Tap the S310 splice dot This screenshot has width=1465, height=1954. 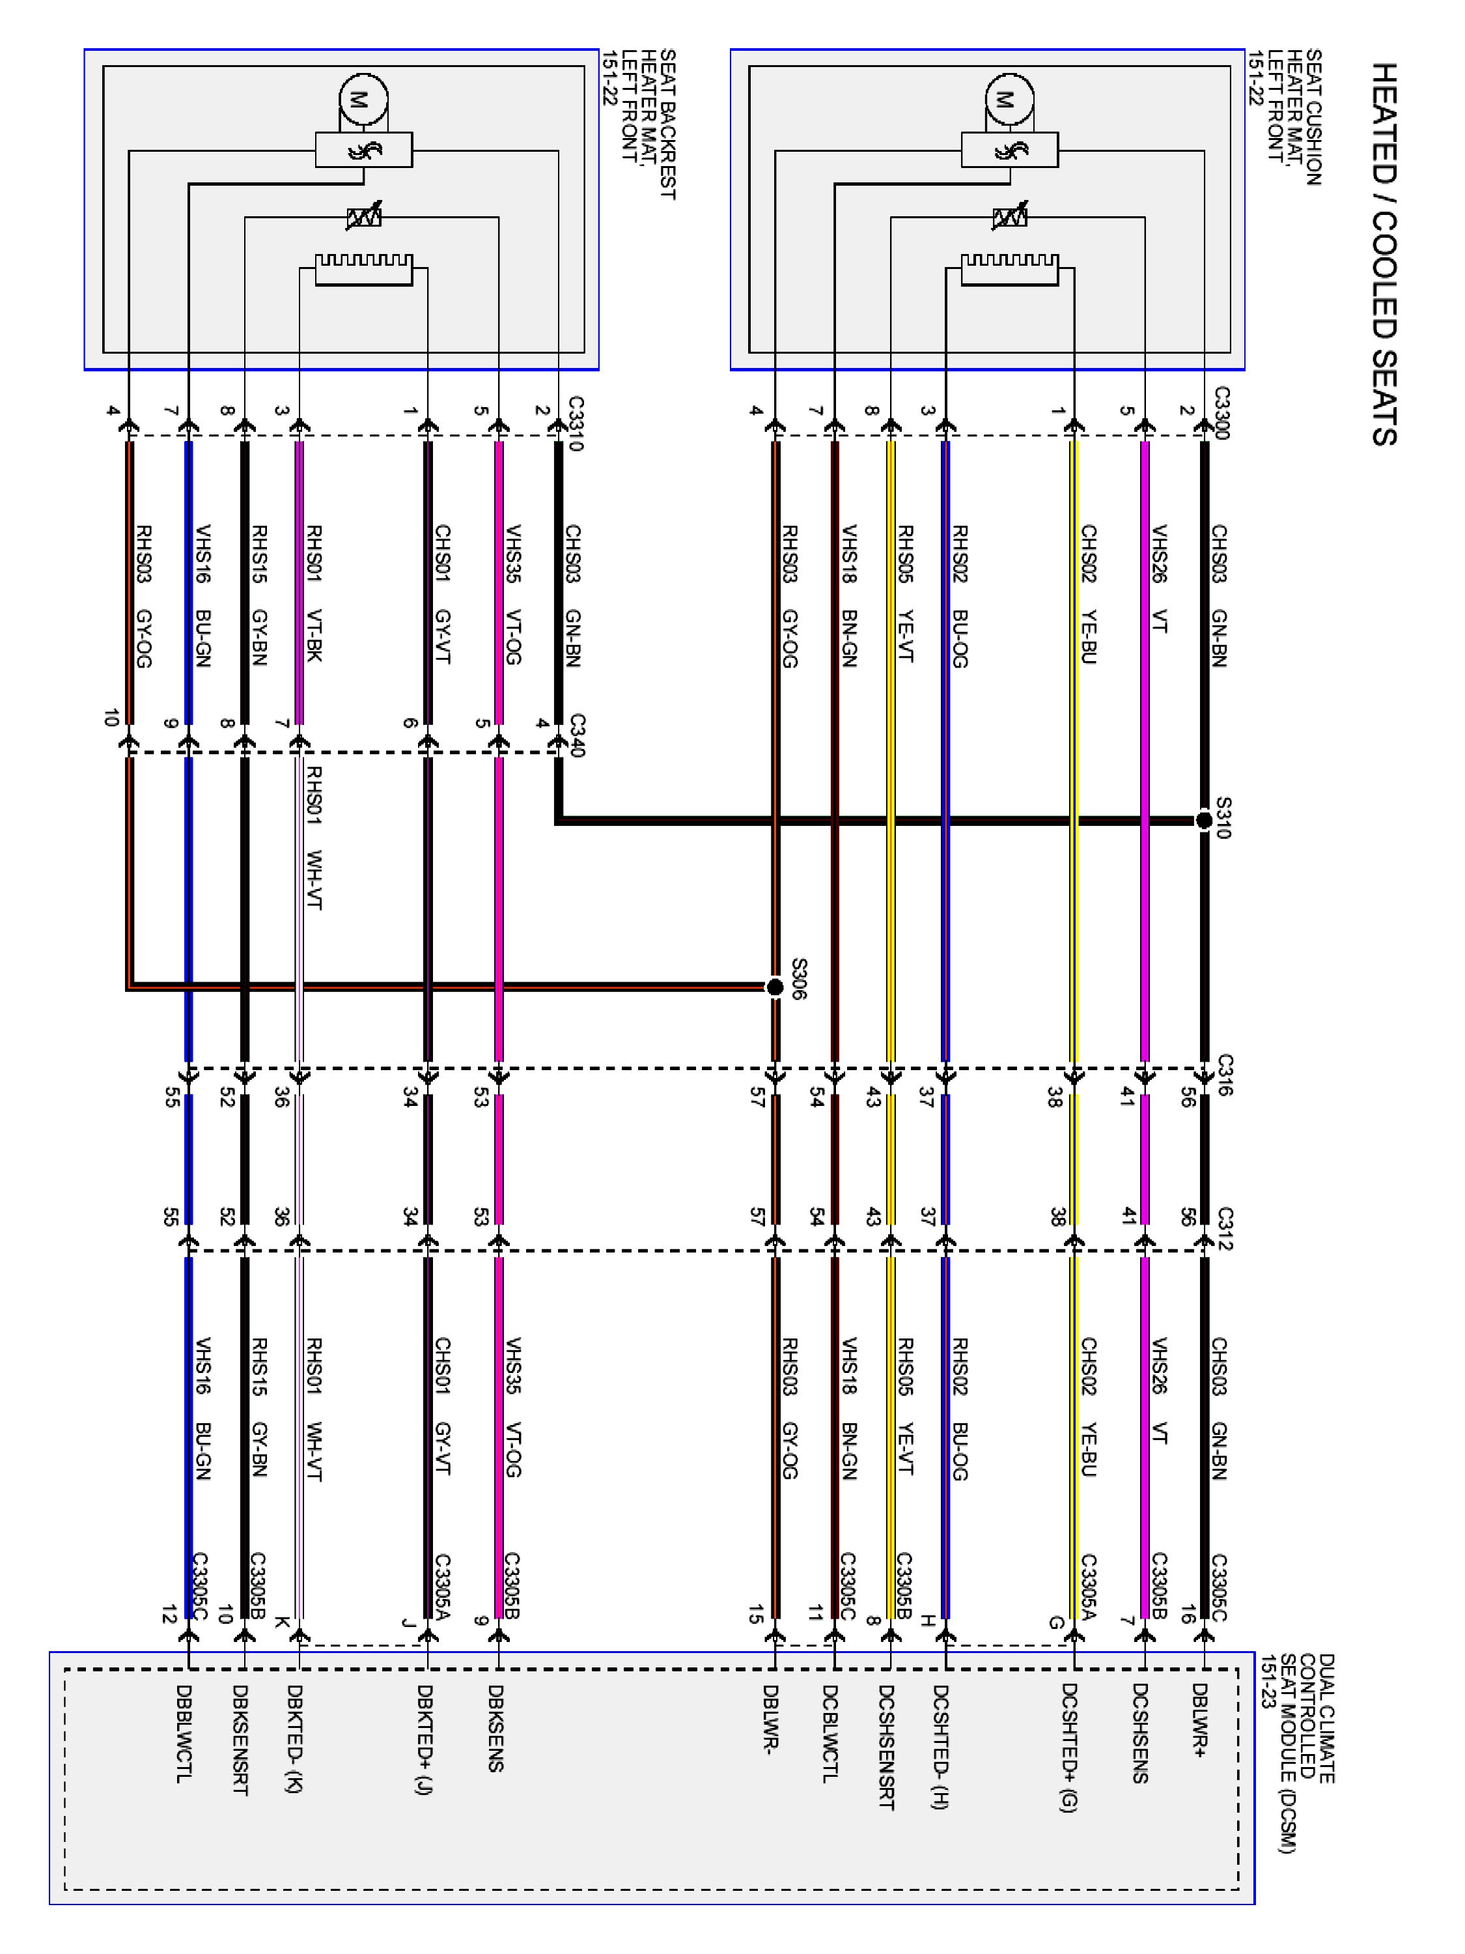(1203, 821)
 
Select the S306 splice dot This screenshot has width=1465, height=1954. (774, 987)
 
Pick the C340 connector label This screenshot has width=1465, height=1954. (576, 735)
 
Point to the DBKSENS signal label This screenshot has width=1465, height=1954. (495, 1727)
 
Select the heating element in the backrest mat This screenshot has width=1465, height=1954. (364, 270)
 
